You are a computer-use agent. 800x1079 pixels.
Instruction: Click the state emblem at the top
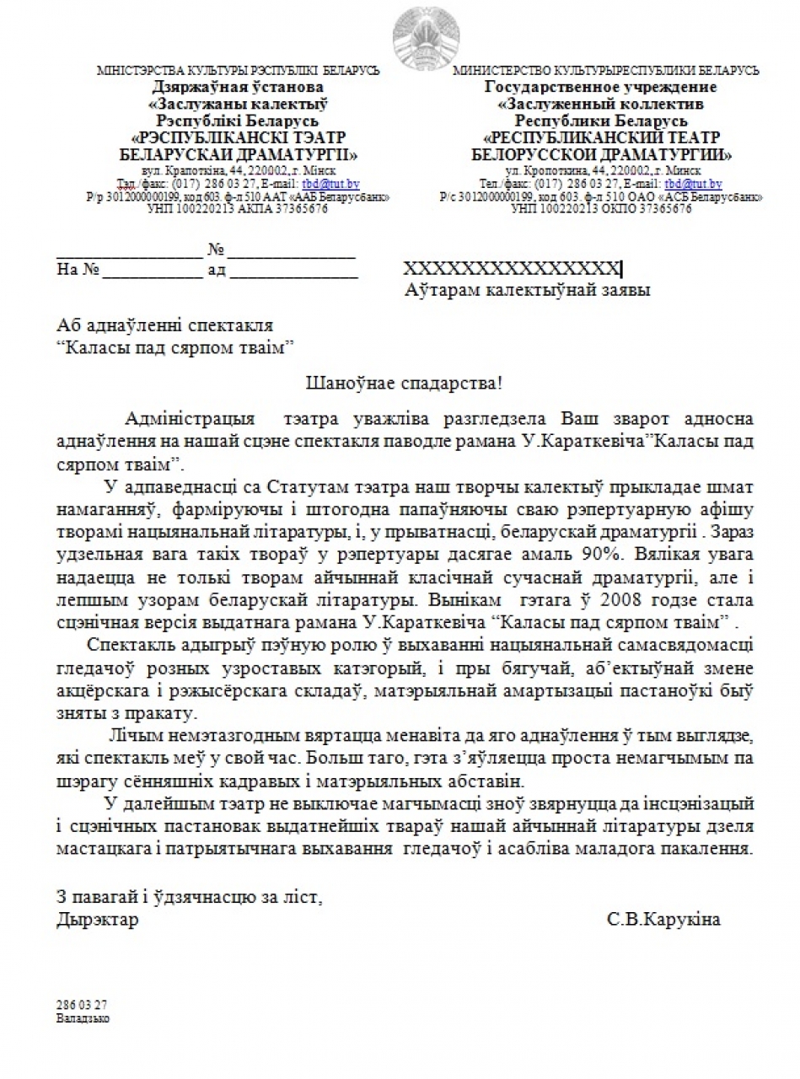point(427,32)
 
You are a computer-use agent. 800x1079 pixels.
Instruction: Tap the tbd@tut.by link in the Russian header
point(693,183)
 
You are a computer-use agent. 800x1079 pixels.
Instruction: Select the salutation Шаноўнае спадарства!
point(404,383)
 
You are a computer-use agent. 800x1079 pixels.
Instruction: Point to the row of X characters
point(512,269)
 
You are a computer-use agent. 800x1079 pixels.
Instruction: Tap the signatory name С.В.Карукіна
point(663,919)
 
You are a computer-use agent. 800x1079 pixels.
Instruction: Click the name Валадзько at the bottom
point(83,1017)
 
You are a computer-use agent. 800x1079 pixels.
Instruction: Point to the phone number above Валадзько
point(82,1005)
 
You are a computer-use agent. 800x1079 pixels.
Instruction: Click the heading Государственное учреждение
point(600,87)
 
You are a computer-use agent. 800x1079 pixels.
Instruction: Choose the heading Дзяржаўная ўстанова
point(239,87)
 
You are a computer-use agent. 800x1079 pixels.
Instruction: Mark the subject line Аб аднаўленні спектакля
point(164,325)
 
